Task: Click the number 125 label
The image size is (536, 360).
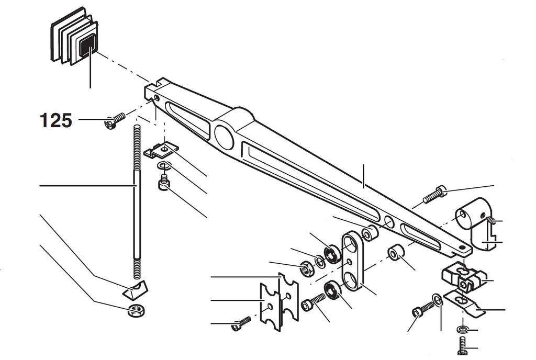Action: (x=56, y=120)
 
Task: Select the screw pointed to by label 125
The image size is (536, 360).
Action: (x=115, y=121)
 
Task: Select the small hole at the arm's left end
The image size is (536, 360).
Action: (x=157, y=98)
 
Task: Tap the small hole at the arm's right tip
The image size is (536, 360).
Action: (x=462, y=247)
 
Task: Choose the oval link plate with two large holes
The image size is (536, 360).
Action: (x=352, y=260)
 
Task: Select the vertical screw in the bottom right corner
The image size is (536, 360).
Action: (x=462, y=345)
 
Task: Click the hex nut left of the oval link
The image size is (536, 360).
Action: (x=305, y=268)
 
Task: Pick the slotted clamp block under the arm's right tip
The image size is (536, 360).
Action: (x=463, y=277)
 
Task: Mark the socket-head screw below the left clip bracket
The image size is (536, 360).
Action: (x=163, y=182)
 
